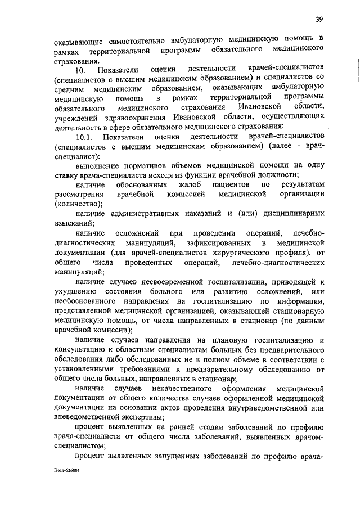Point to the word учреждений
click(76, 116)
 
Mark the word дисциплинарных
click(290, 214)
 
